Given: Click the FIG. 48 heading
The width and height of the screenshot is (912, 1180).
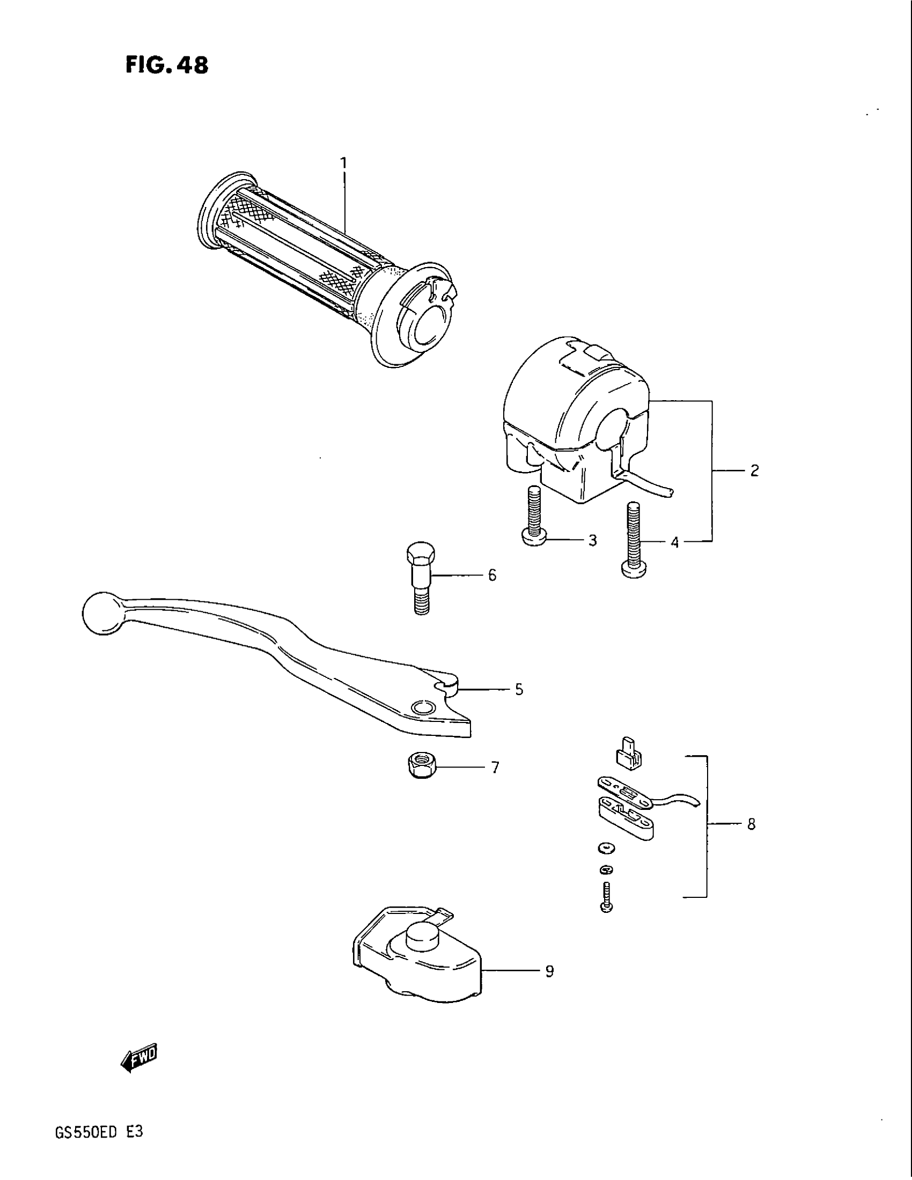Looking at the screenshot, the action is [166, 65].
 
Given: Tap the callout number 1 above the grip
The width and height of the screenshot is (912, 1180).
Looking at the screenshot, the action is [344, 163].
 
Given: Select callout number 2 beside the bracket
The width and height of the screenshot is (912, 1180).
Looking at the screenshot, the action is [754, 470].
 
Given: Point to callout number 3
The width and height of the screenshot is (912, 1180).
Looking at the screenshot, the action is [592, 540].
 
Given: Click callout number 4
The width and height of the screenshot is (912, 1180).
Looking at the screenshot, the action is [674, 541].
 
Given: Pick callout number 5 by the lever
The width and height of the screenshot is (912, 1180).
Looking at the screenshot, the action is [519, 689].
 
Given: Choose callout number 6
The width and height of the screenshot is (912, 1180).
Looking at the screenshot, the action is [491, 575].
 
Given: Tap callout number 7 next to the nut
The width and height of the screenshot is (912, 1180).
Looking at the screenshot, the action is [495, 767].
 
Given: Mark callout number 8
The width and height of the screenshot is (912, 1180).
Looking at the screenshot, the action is [751, 824].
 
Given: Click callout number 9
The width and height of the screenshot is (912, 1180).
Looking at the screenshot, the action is [549, 971].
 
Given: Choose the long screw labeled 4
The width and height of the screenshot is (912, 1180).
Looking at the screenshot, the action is [634, 545].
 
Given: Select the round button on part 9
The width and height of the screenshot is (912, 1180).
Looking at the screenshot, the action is [422, 936].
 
